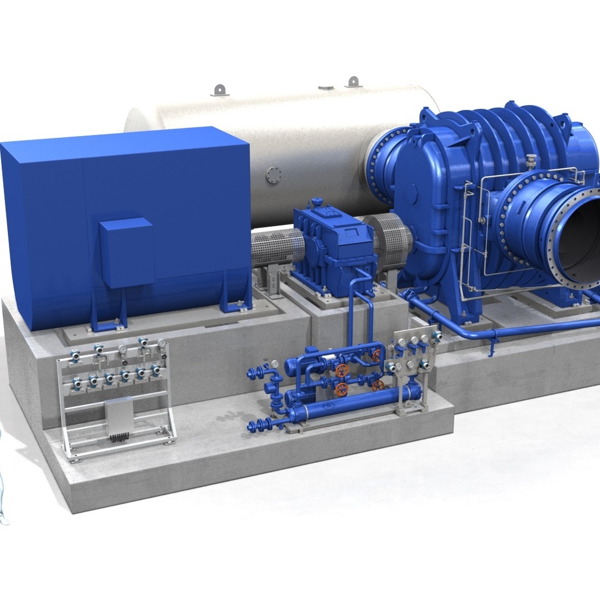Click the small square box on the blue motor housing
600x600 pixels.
tap(127, 252)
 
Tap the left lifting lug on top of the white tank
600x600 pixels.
tap(220, 89)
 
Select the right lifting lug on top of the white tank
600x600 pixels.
tap(353, 81)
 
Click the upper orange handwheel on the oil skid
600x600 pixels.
tap(343, 369)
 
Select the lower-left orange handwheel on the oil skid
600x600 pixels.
tap(341, 389)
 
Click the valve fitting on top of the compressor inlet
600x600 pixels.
tap(530, 161)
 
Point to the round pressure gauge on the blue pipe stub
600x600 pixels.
tap(274, 364)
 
